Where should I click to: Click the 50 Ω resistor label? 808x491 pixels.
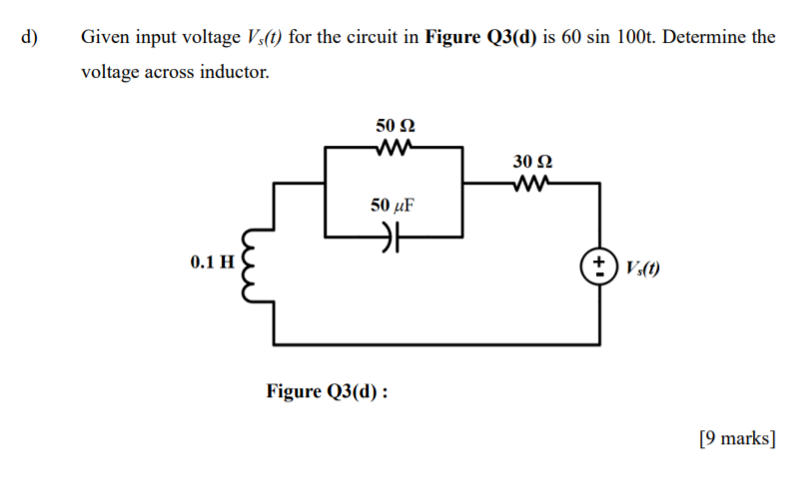pos(396,126)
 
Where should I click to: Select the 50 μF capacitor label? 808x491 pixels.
pos(392,206)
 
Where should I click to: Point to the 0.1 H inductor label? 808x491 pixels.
pos(211,262)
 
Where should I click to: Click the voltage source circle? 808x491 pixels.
pos(599,266)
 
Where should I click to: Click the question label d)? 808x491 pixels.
pos(28,38)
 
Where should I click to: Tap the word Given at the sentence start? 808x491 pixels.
pos(103,38)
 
